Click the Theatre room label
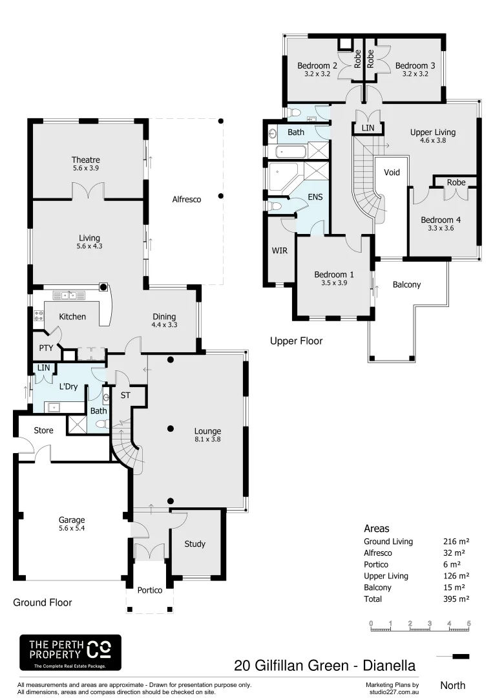click(86, 160)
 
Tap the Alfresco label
click(186, 200)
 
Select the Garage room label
click(72, 520)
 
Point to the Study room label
click(194, 544)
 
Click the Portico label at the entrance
click(150, 590)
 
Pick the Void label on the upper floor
click(392, 173)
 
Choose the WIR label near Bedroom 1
click(279, 249)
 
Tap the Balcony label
click(406, 284)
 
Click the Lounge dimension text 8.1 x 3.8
click(207, 440)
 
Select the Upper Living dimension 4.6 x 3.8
click(433, 140)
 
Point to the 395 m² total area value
click(456, 599)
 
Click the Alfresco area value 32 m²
click(456, 553)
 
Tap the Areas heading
click(377, 529)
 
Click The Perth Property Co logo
click(70, 652)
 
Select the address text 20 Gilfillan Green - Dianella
click(324, 665)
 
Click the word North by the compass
click(452, 685)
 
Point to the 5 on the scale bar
click(468, 623)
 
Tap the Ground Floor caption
click(43, 602)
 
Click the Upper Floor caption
click(296, 341)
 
